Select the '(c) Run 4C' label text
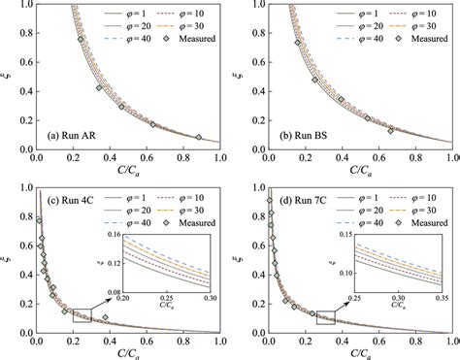click(x=68, y=202)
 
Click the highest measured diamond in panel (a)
click(x=81, y=40)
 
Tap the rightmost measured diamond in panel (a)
click(x=199, y=137)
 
